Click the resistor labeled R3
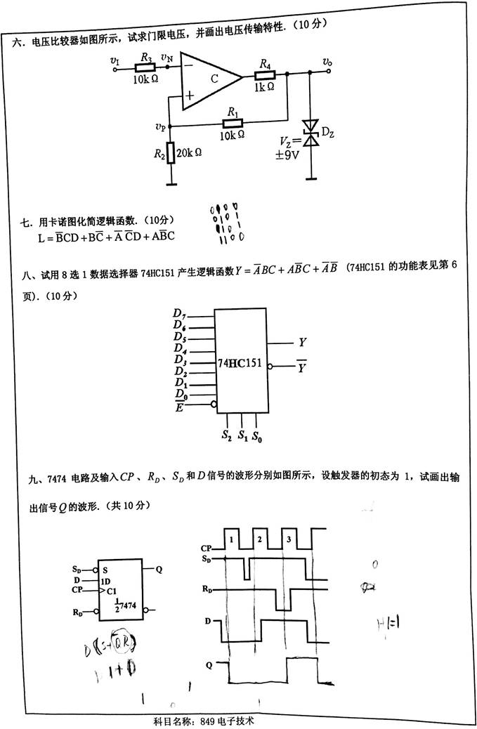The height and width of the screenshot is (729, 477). [145, 68]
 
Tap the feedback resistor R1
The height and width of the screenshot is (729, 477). [232, 126]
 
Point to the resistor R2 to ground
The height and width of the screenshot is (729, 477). [171, 153]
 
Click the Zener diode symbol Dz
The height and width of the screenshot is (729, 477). [310, 135]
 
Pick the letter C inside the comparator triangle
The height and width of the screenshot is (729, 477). [214, 79]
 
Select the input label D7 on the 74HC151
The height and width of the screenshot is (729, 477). [179, 313]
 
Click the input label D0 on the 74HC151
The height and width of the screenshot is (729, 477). [179, 395]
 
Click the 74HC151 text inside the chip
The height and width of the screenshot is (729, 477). [239, 364]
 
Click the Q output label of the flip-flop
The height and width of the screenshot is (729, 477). [159, 569]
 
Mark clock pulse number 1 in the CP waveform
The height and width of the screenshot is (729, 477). [230, 539]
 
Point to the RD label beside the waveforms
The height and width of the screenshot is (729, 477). [207, 589]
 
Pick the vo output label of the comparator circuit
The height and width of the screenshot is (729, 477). [327, 62]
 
